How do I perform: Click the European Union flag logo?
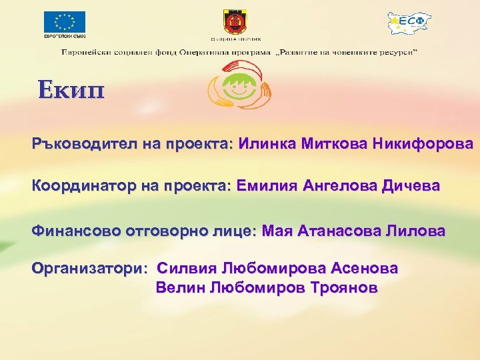65,22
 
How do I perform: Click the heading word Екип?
71,89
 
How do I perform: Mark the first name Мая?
277,231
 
